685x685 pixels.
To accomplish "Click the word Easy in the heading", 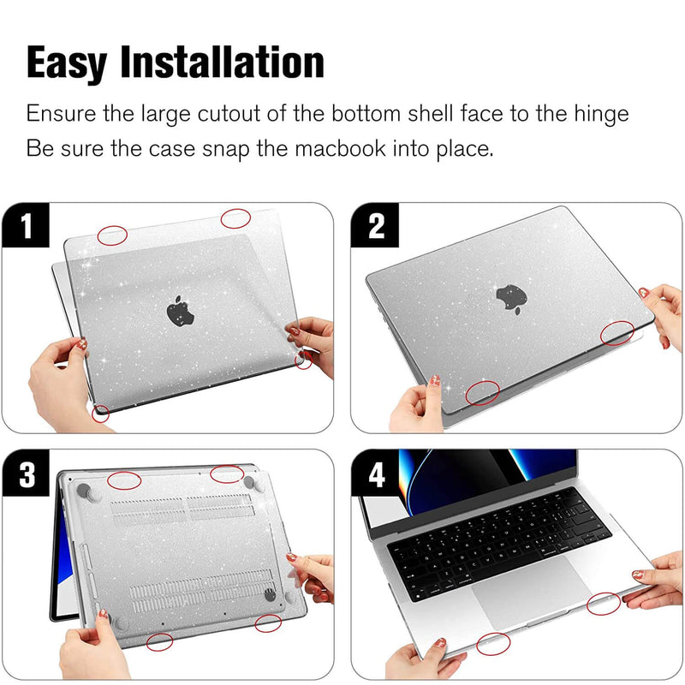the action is [67, 63].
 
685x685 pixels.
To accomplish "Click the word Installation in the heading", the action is [222, 62].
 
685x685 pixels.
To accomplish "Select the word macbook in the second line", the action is [340, 148].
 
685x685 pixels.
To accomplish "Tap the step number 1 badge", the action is [26, 225].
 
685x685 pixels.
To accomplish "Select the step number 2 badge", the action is [375, 225].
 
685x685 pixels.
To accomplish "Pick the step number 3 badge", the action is [26, 474].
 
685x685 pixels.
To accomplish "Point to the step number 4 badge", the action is [375, 474].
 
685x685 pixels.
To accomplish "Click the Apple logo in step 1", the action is [180, 311].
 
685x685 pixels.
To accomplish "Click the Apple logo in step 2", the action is [511, 298].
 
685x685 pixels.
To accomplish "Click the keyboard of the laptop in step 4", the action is [498, 544].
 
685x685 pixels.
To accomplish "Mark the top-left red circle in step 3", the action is [124, 480].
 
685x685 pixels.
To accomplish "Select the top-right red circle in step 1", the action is [235, 218].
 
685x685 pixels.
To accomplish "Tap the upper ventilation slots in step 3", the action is [182, 508].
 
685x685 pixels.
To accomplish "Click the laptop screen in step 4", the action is [487, 479].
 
